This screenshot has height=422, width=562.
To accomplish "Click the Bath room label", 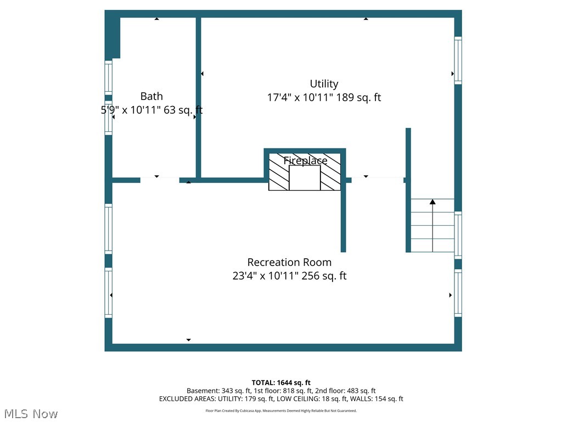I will coord(151,96).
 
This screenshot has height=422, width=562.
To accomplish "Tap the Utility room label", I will coord(324,84).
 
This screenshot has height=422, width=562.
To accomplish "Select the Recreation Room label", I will coord(289,262).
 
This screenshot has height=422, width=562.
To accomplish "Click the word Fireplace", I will coord(305,160).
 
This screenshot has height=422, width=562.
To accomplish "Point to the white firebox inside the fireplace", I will coord(305,178).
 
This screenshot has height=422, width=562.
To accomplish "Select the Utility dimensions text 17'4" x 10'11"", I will coord(300,98).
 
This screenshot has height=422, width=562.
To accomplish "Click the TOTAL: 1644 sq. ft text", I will coord(281,382).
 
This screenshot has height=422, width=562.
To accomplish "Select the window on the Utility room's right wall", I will coord(458,60).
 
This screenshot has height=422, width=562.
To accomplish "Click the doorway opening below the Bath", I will coord(159,180).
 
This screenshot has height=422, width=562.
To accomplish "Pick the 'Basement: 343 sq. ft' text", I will coord(217,391).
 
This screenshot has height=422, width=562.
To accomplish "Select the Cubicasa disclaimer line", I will coord(281,410).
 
